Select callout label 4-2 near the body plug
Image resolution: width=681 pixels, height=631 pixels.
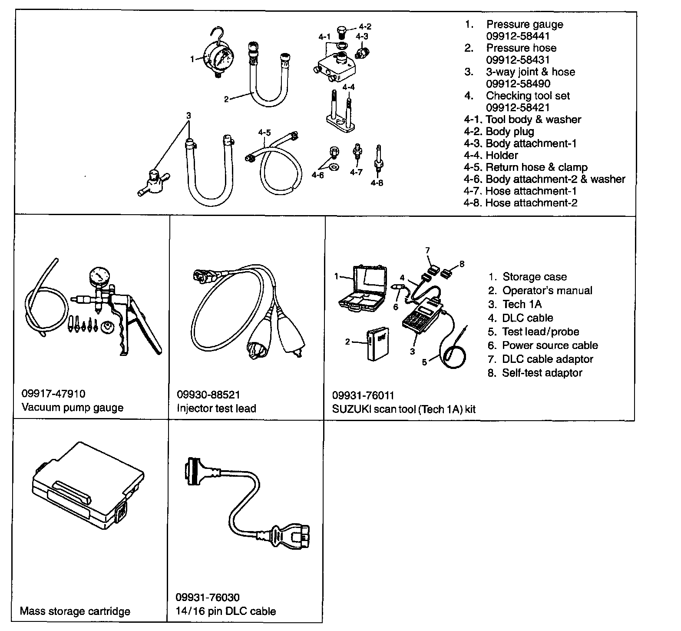click(x=365, y=26)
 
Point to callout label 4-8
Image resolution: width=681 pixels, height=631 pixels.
click(x=377, y=183)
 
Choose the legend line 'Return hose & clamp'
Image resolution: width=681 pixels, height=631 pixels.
click(x=536, y=167)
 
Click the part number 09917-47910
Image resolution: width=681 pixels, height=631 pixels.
click(x=53, y=394)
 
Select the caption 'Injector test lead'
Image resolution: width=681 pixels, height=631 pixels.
click(x=216, y=408)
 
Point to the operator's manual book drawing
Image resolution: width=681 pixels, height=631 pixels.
click(x=377, y=345)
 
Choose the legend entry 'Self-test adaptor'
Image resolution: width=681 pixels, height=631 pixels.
click(x=542, y=373)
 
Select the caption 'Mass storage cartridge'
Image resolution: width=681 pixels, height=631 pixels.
click(x=75, y=611)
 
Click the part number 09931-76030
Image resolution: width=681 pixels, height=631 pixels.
click(x=208, y=598)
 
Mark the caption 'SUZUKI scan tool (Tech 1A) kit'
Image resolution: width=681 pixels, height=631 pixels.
click(x=404, y=409)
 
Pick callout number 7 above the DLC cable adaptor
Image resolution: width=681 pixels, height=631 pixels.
click(x=427, y=250)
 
